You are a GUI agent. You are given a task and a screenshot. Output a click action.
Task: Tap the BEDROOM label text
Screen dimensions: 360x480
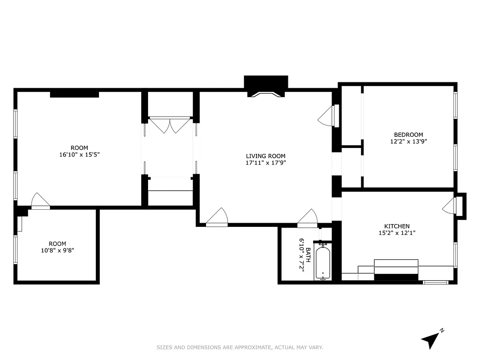[x=408, y=135]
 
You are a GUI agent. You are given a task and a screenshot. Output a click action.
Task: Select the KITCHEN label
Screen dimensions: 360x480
[x=397, y=226]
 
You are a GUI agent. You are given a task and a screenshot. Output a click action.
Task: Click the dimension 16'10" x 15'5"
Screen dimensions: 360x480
[x=79, y=154]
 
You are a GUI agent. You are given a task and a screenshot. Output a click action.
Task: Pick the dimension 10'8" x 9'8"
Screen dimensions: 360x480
[x=57, y=250]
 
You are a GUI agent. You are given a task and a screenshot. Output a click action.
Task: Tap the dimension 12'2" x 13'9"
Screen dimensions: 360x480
[x=408, y=141]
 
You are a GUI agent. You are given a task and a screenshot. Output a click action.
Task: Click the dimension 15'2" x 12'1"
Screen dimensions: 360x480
[x=397, y=233]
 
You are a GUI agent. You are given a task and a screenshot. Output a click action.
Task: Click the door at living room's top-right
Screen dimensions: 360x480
[x=327, y=117]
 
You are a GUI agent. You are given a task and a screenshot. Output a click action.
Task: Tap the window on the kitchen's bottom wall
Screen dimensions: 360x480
[x=435, y=283]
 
